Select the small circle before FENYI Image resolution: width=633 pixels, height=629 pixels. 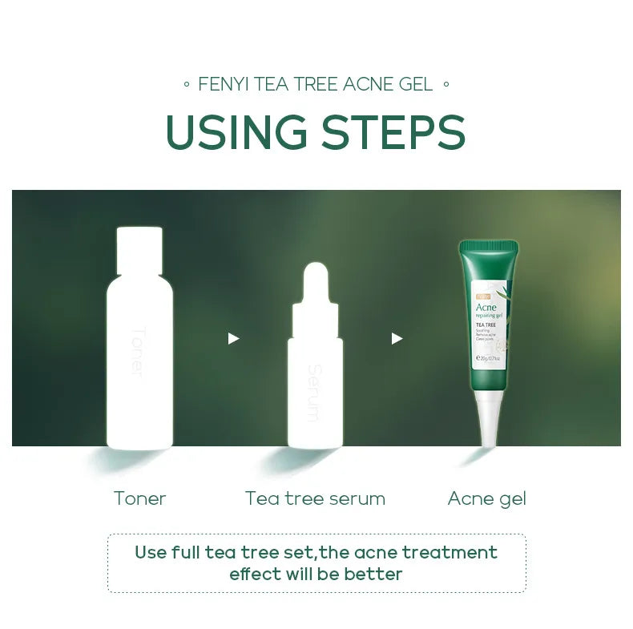point(187,84)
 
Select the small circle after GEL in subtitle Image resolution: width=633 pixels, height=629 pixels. point(446,84)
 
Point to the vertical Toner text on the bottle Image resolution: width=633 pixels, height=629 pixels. point(137,353)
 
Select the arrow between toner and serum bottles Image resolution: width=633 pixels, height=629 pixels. point(233,339)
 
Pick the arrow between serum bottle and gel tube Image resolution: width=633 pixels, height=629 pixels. point(397,339)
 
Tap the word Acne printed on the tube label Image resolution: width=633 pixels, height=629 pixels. point(486,307)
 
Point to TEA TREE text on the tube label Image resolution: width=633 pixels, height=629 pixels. point(486,325)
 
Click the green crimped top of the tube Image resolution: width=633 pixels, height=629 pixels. point(489,246)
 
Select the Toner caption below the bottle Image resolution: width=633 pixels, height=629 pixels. point(139,498)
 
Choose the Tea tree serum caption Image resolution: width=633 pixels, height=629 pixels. point(315,498)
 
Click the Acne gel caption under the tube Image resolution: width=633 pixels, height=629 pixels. point(487,498)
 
